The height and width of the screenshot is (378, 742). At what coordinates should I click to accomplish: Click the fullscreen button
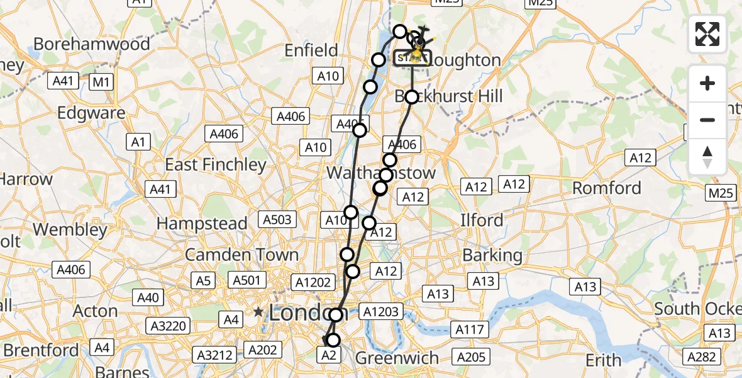click(x=707, y=34)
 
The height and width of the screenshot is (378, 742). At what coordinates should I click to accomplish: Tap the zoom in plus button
click(x=707, y=83)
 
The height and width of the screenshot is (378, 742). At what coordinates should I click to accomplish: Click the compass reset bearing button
click(x=707, y=156)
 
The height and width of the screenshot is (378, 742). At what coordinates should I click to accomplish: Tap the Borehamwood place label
click(x=92, y=44)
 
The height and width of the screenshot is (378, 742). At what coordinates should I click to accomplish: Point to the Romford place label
click(x=606, y=188)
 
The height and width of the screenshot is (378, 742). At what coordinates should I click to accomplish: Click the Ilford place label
click(x=482, y=220)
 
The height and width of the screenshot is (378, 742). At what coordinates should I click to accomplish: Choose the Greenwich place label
click(x=397, y=358)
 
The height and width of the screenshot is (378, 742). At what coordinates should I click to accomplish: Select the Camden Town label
click(x=241, y=255)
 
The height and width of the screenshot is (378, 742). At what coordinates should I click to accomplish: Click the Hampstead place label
click(x=202, y=224)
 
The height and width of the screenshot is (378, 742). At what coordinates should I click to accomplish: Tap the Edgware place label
click(x=91, y=113)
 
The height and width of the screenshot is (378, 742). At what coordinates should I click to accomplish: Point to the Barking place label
click(x=492, y=255)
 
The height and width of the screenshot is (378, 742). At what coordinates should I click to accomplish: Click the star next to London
click(x=258, y=312)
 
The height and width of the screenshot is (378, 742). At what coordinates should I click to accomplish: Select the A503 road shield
click(x=277, y=219)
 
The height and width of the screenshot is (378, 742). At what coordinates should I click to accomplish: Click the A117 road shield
click(x=470, y=328)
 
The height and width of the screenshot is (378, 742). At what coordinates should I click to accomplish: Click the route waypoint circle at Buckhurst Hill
click(x=411, y=97)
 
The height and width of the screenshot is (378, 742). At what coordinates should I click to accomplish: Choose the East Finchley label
click(x=216, y=165)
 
